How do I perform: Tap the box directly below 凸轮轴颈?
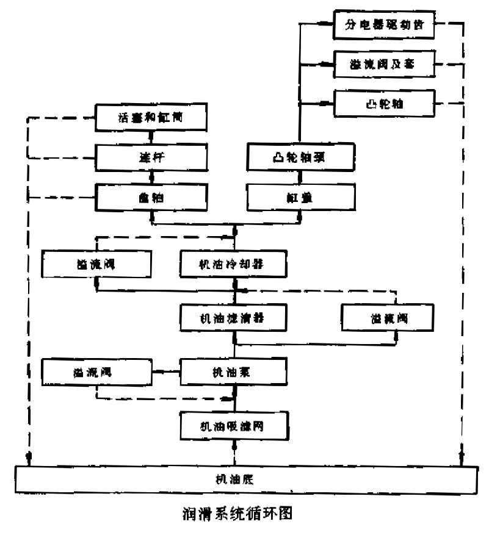[x=300, y=197]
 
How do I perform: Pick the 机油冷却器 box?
[x=234, y=264]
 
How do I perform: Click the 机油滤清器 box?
[x=234, y=317]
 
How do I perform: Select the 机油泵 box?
[x=234, y=370]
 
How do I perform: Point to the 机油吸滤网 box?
[x=234, y=426]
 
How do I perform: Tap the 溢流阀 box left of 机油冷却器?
[x=96, y=264]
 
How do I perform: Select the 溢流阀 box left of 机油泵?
[x=96, y=370]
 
